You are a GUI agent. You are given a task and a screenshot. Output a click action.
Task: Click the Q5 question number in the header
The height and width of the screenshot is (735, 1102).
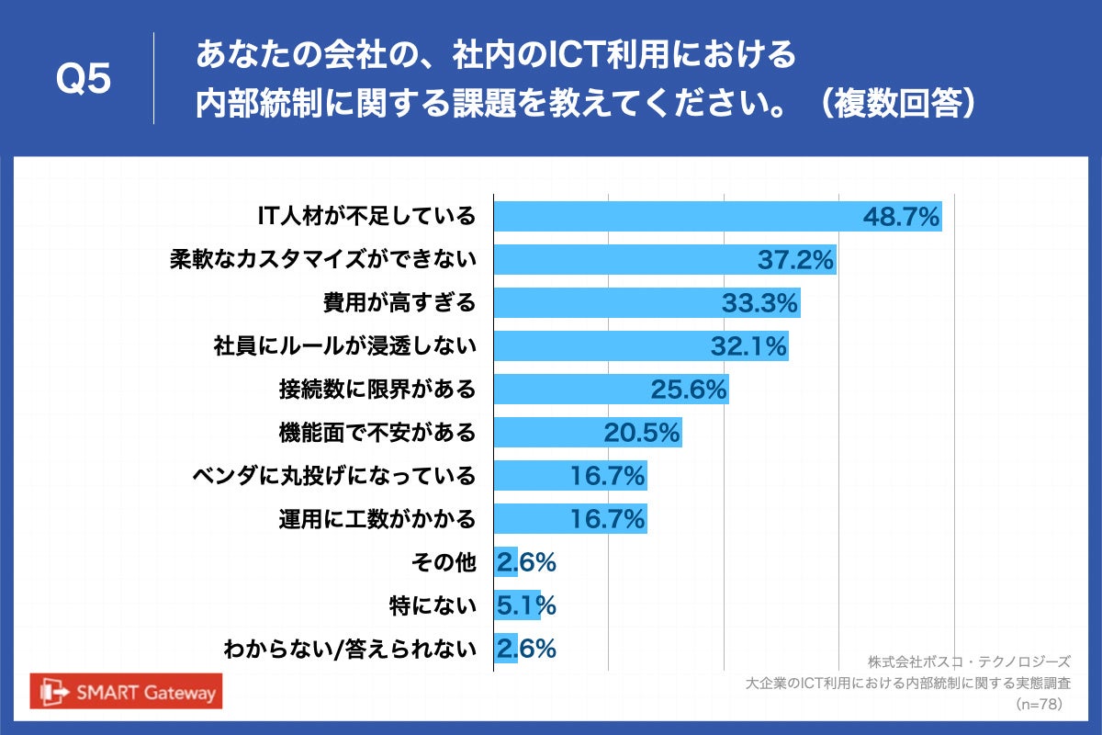point(84,80)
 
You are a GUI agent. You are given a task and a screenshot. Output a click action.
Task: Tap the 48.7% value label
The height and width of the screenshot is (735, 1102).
point(902,217)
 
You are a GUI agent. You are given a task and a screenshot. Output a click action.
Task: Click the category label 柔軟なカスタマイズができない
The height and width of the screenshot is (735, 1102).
point(323,259)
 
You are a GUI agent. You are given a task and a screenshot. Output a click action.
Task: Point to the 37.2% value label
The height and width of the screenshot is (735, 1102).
point(795,260)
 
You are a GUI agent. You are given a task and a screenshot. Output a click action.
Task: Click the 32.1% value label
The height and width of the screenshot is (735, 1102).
point(749,346)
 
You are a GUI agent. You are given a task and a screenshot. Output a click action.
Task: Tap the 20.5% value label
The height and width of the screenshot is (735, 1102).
point(642,432)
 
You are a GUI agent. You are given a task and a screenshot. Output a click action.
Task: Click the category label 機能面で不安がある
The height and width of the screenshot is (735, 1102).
point(377,432)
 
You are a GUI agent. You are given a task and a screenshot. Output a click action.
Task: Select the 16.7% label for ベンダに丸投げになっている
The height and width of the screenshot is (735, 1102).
point(608,476)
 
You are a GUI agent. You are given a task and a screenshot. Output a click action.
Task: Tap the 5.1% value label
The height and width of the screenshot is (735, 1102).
point(526,605)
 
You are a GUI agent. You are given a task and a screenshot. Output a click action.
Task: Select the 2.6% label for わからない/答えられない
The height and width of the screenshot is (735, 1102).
point(526,649)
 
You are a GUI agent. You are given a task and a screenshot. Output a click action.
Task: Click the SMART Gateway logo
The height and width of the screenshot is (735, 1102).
point(128,692)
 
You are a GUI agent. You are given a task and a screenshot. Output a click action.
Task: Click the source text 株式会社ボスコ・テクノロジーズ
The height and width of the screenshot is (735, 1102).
point(969,661)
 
